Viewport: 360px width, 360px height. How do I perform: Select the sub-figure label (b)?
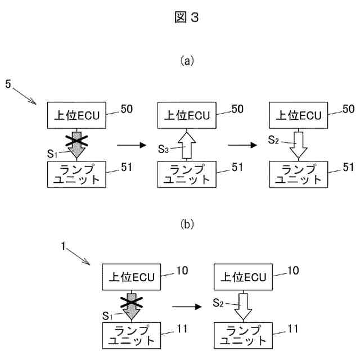coord(187,224)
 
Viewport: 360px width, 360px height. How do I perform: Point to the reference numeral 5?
coord(8,84)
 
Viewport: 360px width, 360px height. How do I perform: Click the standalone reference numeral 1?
coord(64,246)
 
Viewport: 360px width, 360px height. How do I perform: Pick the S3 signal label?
coord(163,149)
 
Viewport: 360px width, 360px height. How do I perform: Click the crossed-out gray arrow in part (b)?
coord(131,305)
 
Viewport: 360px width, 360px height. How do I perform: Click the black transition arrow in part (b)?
coord(186,307)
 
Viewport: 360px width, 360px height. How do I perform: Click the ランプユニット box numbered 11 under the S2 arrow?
coord(242,335)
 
